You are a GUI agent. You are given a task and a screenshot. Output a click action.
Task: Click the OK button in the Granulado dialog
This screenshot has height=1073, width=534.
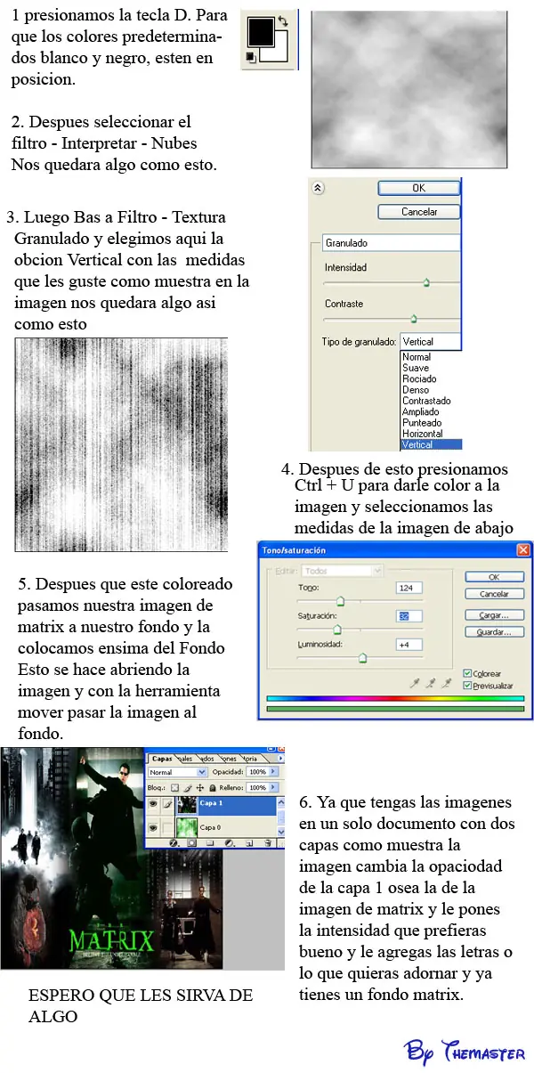click(x=418, y=188)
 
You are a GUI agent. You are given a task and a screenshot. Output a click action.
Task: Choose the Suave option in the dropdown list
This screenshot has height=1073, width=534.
click(x=415, y=368)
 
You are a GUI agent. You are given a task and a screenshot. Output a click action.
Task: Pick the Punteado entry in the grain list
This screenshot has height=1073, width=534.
click(x=421, y=423)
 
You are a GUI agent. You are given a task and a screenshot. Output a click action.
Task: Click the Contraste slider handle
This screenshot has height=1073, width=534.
click(x=413, y=317)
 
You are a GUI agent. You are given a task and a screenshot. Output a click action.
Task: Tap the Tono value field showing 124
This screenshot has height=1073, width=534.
click(x=409, y=588)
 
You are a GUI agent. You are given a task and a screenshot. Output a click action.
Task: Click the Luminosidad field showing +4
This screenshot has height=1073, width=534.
click(x=409, y=645)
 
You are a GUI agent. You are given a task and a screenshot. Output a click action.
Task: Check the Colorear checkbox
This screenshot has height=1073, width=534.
click(x=468, y=673)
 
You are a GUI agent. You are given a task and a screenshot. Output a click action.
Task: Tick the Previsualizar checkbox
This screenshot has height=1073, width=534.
click(x=468, y=686)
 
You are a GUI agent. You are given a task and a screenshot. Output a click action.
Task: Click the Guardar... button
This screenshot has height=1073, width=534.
click(x=494, y=632)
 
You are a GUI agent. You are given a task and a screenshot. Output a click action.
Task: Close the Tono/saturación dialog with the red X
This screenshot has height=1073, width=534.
click(x=523, y=550)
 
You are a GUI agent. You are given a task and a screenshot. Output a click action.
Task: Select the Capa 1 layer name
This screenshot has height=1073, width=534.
click(x=212, y=802)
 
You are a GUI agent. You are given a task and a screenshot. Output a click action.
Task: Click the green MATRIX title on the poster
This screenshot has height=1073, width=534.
click(x=112, y=940)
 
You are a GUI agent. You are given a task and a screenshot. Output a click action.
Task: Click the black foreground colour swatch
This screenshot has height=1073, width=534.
click(x=261, y=33)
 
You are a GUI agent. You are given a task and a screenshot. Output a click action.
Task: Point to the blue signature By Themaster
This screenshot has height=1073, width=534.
click(x=465, y=1051)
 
